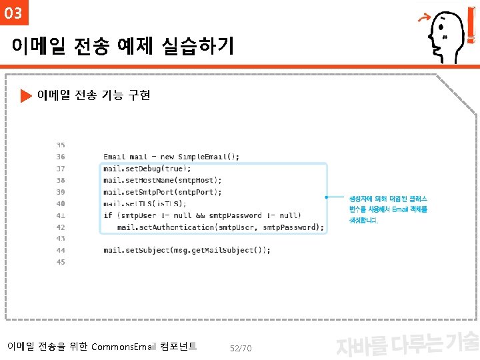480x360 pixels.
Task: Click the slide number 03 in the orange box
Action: tap(13, 13)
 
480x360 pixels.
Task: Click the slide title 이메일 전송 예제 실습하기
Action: tap(123, 46)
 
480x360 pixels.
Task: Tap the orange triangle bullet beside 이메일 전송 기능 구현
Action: tap(26, 96)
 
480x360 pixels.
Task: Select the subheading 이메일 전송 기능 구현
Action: tap(93, 95)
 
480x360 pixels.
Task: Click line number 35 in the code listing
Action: tap(61, 145)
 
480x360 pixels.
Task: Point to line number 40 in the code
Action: tap(61, 203)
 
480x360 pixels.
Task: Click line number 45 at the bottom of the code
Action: tap(61, 262)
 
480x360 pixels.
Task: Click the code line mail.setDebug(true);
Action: tap(147, 169)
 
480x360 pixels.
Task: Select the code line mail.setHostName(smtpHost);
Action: tap(163, 180)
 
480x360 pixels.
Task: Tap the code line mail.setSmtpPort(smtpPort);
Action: tap(163, 192)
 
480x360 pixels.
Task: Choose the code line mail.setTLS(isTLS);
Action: tap(145, 203)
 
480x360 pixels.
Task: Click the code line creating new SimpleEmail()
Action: tap(171, 157)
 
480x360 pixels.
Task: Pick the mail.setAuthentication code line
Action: tap(221, 227)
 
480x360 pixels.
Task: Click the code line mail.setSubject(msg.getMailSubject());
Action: tap(187, 250)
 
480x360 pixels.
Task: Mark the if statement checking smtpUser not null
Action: tap(202, 215)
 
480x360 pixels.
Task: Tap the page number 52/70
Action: tap(240, 348)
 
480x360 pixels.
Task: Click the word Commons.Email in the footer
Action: tap(123, 347)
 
